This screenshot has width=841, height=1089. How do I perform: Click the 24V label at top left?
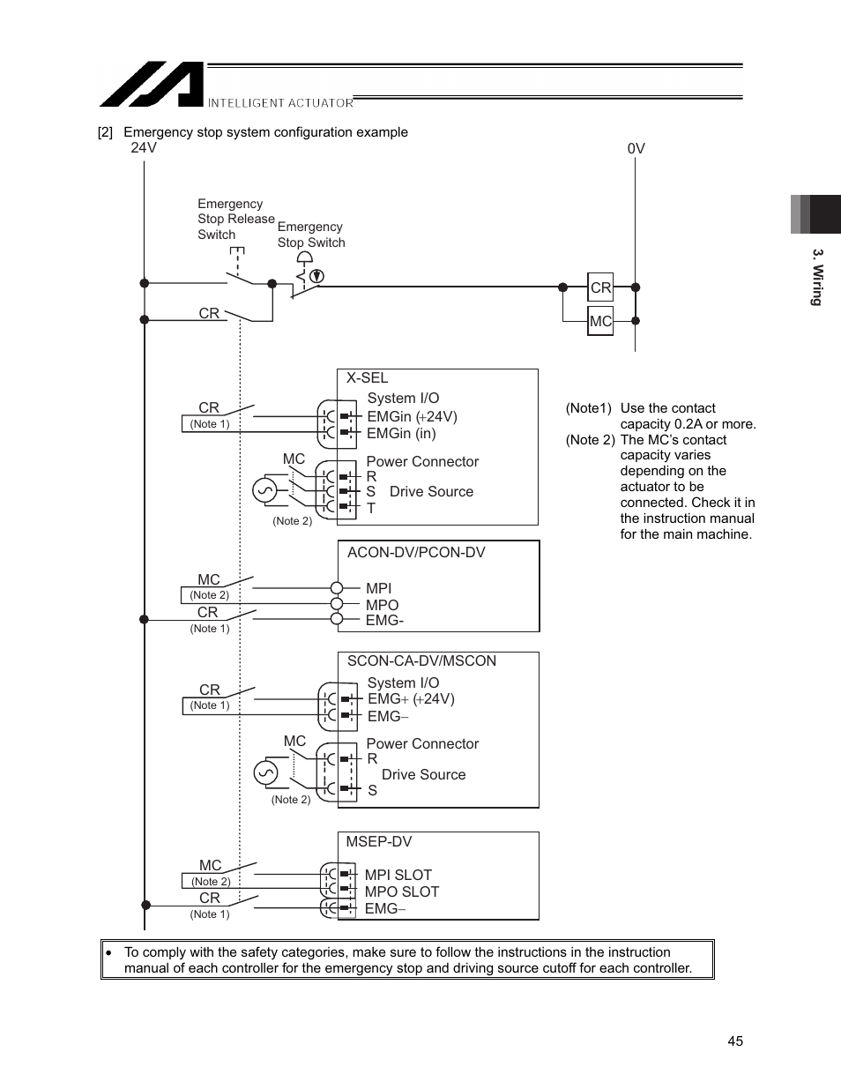(144, 147)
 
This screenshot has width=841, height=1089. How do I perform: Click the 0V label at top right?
(636, 148)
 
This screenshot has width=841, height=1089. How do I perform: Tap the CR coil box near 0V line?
(600, 287)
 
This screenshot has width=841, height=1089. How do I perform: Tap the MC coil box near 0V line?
(600, 321)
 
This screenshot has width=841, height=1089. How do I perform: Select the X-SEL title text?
(367, 377)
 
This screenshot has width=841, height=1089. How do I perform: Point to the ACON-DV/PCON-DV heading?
(416, 552)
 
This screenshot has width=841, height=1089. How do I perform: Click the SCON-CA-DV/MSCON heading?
(421, 660)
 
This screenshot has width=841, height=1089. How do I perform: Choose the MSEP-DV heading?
(378, 841)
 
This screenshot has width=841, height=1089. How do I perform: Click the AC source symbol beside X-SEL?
(265, 490)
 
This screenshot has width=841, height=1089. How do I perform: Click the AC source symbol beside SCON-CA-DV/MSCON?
(265, 773)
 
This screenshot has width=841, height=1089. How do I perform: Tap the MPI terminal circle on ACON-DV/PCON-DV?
(337, 588)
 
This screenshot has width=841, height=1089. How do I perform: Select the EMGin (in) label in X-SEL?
(401, 433)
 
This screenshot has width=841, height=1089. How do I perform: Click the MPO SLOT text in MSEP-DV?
(401, 891)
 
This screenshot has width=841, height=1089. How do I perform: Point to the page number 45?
(735, 1041)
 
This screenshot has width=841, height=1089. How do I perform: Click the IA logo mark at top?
(151, 85)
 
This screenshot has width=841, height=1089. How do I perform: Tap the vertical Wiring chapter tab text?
(817, 277)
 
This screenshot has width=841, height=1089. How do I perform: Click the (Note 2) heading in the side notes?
(590, 440)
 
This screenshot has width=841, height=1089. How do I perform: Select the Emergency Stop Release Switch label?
(234, 219)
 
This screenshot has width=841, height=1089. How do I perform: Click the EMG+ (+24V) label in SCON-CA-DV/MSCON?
(411, 698)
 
